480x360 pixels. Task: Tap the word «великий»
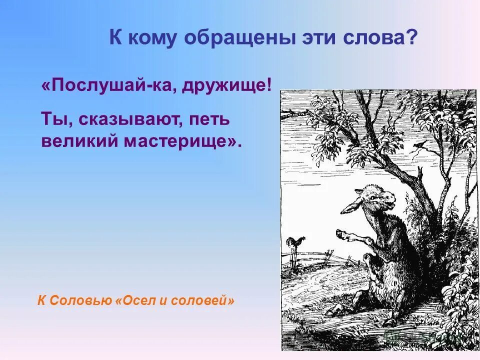pos(78,141)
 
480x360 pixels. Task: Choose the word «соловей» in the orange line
pos(203,301)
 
